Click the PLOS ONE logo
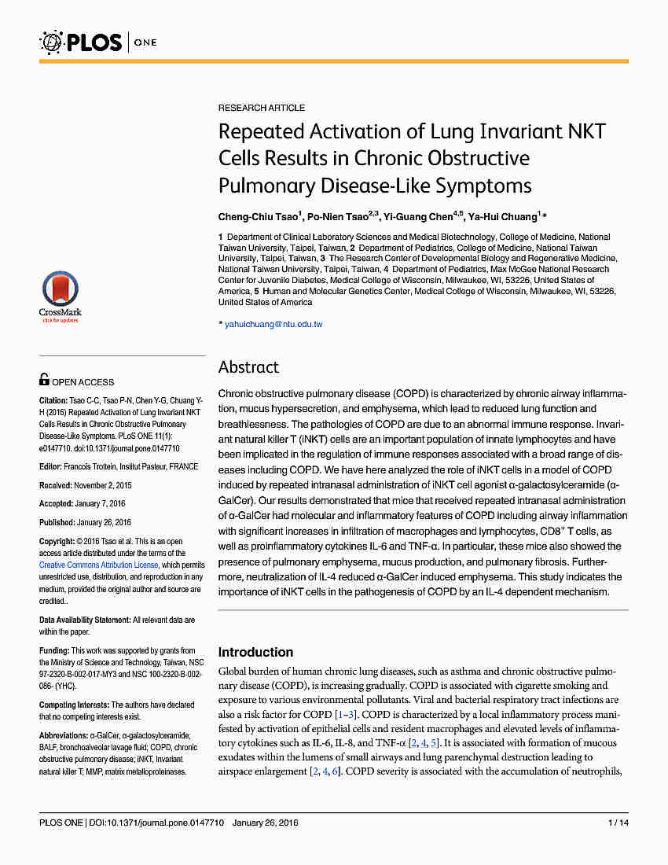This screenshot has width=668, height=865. coord(98,41)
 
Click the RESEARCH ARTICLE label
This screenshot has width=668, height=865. coord(262,108)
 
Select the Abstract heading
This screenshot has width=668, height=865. coord(248,367)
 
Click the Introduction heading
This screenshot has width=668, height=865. coord(255,652)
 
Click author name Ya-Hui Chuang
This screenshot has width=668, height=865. coord(503,215)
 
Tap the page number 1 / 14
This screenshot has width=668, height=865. coord(618,823)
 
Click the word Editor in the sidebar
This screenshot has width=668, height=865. coord(50,466)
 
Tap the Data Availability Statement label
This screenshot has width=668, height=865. coord(84,620)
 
